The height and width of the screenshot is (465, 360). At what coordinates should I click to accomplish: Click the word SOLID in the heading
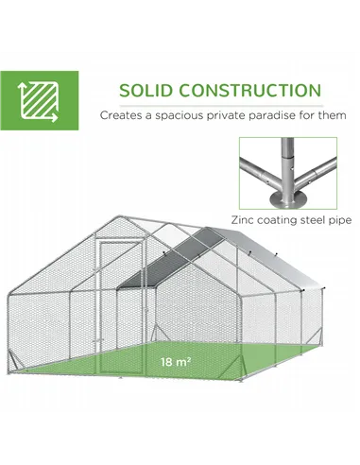145,93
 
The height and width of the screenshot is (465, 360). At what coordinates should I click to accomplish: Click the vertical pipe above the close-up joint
284,156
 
